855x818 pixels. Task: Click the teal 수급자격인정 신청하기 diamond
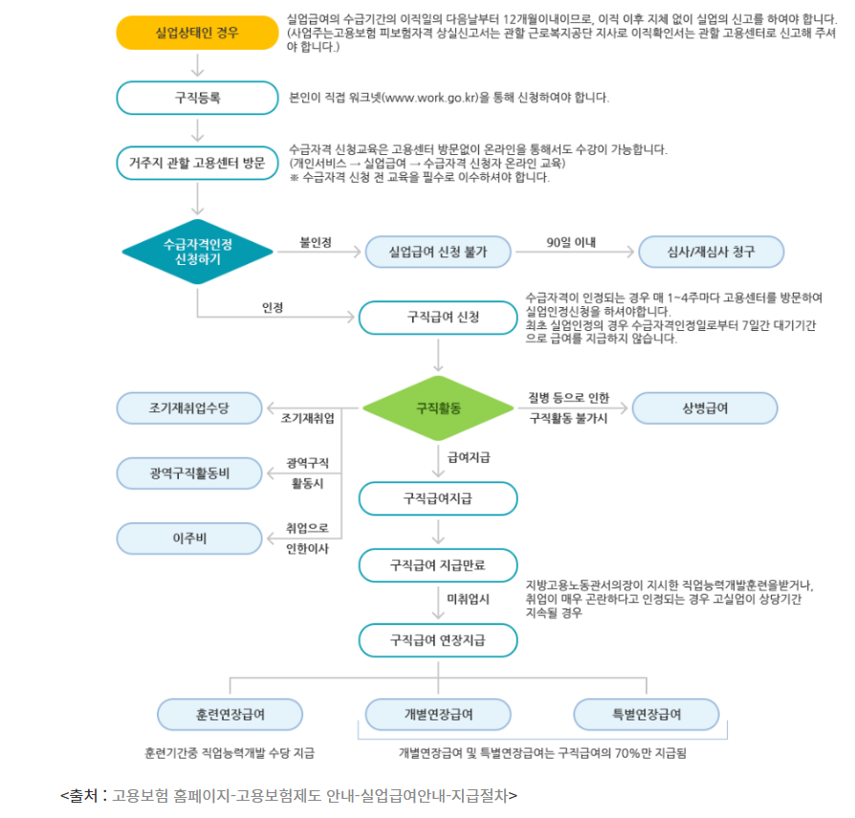(x=198, y=252)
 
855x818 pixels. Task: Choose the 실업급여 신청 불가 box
(x=437, y=253)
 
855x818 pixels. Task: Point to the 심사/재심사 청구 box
(x=711, y=253)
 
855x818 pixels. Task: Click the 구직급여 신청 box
(x=437, y=317)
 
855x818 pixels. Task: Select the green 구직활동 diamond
(x=439, y=408)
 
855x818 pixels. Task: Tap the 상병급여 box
(x=704, y=408)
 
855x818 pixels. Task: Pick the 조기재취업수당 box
(x=188, y=408)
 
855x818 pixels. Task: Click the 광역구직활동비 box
(x=188, y=473)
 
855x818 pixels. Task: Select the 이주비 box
(x=188, y=538)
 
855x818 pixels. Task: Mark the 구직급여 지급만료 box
(x=437, y=565)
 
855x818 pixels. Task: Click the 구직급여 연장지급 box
(x=437, y=639)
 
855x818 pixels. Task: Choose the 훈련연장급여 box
(x=230, y=715)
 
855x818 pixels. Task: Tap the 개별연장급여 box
(x=437, y=715)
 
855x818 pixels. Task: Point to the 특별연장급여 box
(x=647, y=715)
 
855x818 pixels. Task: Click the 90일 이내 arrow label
(x=571, y=241)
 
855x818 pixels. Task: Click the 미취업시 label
(x=469, y=600)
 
